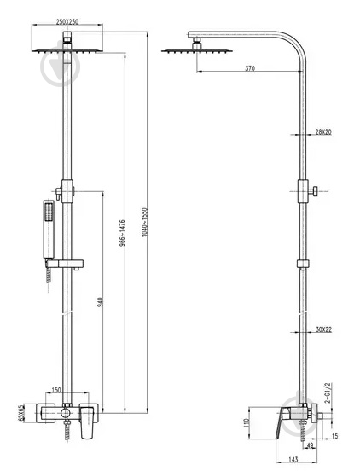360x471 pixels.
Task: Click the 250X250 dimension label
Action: [67, 21]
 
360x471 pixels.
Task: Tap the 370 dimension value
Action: [250, 68]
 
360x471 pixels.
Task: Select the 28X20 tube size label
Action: [323, 131]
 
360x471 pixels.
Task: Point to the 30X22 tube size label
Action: [323, 329]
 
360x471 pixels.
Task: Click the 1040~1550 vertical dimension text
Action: [145, 223]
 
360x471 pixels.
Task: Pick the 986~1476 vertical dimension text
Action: [122, 233]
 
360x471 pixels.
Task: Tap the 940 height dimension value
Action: [101, 302]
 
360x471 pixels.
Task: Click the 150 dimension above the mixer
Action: [56, 390]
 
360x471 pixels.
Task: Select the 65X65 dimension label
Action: [20, 414]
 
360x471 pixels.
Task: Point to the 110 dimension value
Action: [247, 423]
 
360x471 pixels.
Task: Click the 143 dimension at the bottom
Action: [293, 459]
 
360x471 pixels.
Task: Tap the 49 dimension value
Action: [311, 445]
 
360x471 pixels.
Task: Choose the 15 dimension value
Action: [334, 436]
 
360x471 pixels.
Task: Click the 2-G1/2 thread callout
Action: [328, 392]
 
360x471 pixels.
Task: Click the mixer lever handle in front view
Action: [87, 422]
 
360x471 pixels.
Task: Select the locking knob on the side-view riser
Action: [313, 191]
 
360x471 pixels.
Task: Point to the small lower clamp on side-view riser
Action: [303, 264]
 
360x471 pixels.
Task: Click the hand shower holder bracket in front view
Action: [64, 264]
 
